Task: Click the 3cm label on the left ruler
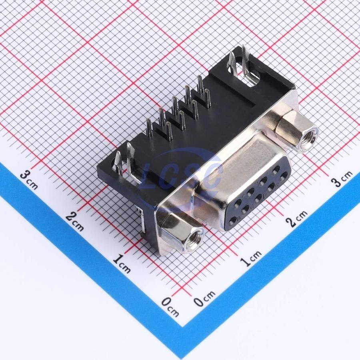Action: click(28, 180)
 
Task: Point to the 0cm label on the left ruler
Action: click(170, 306)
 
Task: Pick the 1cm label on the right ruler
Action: click(251, 258)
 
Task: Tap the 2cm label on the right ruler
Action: click(297, 218)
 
